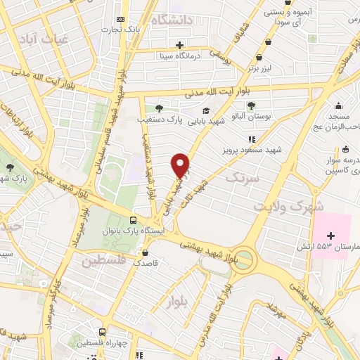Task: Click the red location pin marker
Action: click(x=181, y=165)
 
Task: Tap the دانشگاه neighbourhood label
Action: click(x=171, y=20)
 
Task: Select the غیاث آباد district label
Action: click(x=44, y=40)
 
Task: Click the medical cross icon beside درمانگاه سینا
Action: click(x=180, y=44)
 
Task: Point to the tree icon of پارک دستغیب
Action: click(x=159, y=108)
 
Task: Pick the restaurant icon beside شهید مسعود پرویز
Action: click(x=252, y=139)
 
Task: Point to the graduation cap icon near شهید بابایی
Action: click(x=206, y=110)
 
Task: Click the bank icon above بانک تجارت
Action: click(x=120, y=18)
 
